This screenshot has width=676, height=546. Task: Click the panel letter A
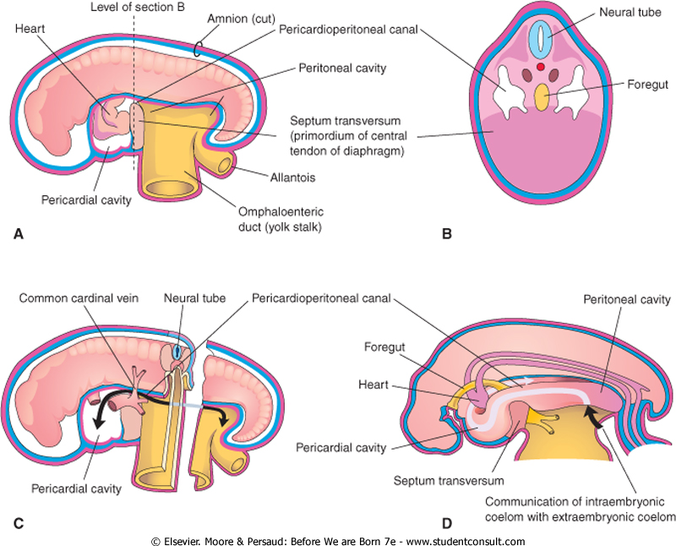point(19,237)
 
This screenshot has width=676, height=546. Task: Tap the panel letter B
point(447,237)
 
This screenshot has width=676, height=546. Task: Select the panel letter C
point(19,521)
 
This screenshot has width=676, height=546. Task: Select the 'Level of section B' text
point(136,8)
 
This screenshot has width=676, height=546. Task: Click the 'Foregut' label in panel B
point(626,85)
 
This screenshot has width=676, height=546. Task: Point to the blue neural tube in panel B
point(539,40)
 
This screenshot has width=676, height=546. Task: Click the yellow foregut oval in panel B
point(540,98)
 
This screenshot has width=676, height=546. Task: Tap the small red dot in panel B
point(540,66)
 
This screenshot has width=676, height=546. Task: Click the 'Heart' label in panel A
point(30,28)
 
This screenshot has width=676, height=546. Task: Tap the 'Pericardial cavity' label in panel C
point(71,488)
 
